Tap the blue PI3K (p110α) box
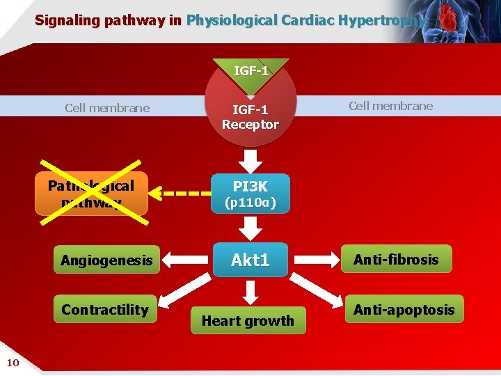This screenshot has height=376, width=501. coord(250,194)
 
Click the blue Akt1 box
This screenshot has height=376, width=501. coord(250,260)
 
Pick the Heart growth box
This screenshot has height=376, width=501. coord(248,320)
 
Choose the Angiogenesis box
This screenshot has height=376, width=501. coord(106,260)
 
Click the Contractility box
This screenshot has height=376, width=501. coord(105,310)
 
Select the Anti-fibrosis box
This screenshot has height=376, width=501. coord(396,259)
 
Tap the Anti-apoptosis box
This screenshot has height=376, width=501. coord(403,310)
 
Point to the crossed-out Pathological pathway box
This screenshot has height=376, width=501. coord(91,194)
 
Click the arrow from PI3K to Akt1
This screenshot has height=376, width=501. coord(250,226)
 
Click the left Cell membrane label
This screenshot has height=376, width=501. coord(107,108)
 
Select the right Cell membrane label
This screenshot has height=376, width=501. coord(390,106)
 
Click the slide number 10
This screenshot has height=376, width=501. coord(13,361)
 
